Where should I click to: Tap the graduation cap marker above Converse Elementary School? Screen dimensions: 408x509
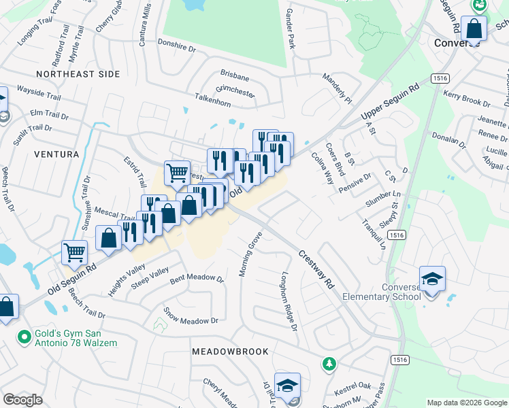(432, 279)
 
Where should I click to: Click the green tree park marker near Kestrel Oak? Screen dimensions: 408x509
(329, 364)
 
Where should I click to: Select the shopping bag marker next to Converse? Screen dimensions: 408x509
(474, 29)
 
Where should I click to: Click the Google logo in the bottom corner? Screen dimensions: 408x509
(22, 400)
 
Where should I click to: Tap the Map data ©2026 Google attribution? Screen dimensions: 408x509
(467, 403)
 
